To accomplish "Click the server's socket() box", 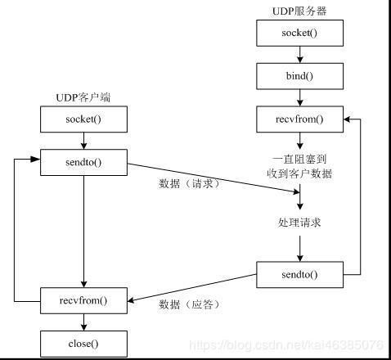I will pos(301,34).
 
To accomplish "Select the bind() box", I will pos(301,76).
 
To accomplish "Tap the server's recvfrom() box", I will pos(301,119).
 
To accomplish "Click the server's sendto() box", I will pos(301,274).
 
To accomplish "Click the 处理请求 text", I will pos(301,222).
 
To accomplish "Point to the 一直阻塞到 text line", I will pos(301,158).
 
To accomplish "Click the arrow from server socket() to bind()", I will pos(301,55).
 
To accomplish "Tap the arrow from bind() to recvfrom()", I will pos(301,98).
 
